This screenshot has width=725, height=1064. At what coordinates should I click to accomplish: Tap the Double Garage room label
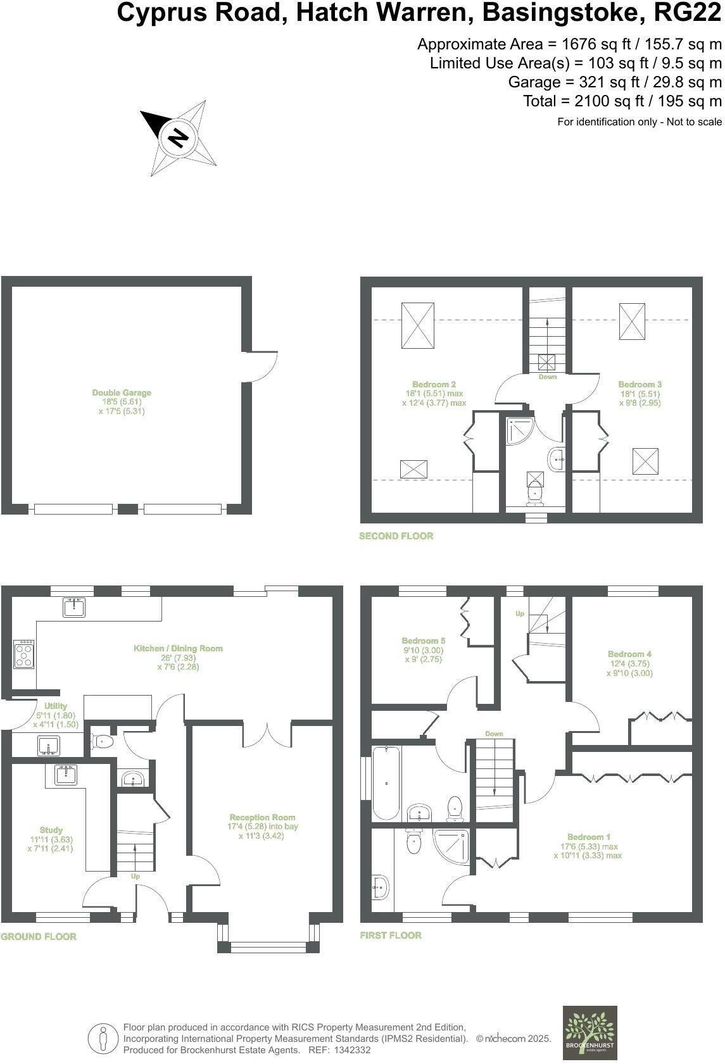click(x=122, y=393)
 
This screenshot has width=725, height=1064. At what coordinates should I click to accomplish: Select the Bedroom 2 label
click(x=434, y=384)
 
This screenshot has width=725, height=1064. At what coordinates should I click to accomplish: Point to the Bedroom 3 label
click(x=640, y=384)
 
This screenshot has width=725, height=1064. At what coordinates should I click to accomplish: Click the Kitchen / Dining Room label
click(x=178, y=648)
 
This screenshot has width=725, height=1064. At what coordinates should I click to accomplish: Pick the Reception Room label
click(x=262, y=817)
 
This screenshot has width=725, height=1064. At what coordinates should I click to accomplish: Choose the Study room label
click(x=51, y=830)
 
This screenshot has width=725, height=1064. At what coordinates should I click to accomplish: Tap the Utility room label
click(x=55, y=706)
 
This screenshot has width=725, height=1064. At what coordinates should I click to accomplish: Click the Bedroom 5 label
click(x=424, y=641)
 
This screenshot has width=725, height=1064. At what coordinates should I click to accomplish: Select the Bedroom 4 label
click(x=629, y=654)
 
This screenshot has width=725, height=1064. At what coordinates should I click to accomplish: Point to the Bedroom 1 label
click(x=589, y=837)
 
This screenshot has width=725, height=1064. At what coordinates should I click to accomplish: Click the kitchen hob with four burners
click(x=24, y=654)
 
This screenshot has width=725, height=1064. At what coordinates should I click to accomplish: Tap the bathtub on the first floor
click(x=386, y=783)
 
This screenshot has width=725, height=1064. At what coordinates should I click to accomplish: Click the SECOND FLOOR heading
click(x=396, y=536)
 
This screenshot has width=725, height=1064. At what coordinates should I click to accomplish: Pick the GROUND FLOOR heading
click(x=39, y=937)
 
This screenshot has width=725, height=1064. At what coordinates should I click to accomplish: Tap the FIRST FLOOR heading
click(x=391, y=936)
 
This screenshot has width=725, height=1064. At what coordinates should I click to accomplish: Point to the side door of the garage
click(x=261, y=366)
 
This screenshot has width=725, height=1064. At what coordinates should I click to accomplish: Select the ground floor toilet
click(x=103, y=741)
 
